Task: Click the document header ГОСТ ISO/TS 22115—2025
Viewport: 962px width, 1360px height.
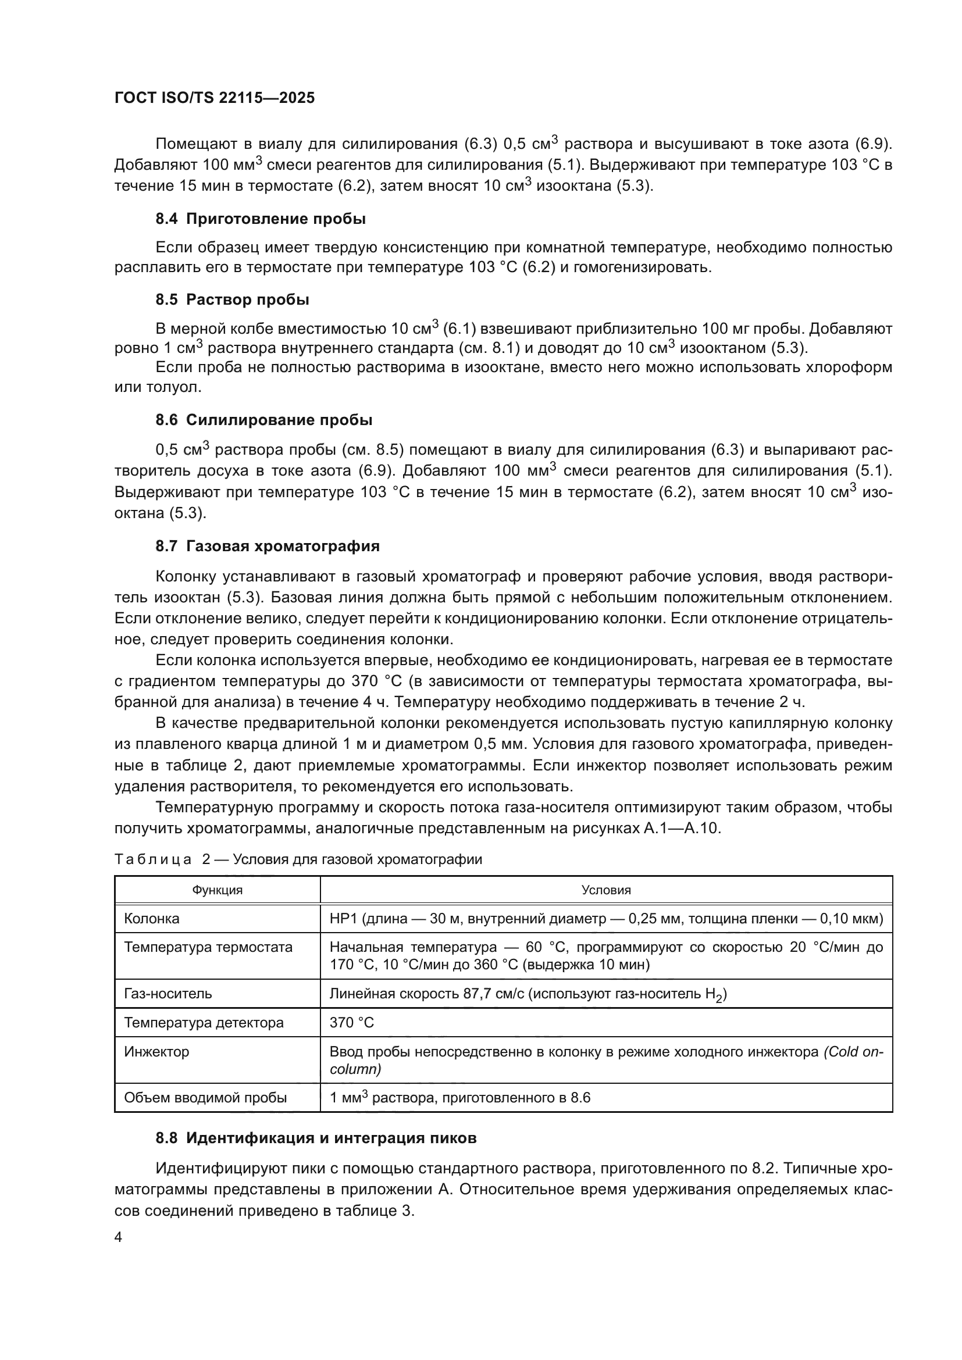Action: pyautogui.click(x=215, y=98)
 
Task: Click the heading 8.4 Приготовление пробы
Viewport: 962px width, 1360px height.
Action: pyautogui.click(x=261, y=219)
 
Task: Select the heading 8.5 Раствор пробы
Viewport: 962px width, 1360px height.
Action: pyautogui.click(x=232, y=299)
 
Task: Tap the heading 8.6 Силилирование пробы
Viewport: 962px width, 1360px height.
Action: pyautogui.click(x=264, y=420)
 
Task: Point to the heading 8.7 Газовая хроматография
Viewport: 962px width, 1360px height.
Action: pyautogui.click(x=267, y=546)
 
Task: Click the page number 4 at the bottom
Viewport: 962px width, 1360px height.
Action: pyautogui.click(x=118, y=1237)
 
